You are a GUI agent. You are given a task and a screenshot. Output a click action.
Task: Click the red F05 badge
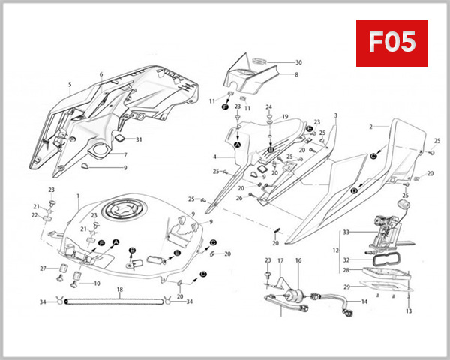click(x=391, y=43)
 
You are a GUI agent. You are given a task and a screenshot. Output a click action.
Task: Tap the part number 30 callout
click(x=298, y=62)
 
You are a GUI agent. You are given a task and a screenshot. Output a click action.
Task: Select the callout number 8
click(x=296, y=75)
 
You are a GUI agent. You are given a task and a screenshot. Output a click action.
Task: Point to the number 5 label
click(x=69, y=85)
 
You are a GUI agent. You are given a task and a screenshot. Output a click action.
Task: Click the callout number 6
click(x=100, y=75)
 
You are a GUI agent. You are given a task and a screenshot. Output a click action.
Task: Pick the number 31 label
click(x=139, y=139)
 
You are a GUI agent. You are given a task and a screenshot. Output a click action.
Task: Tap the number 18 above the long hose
click(x=119, y=289)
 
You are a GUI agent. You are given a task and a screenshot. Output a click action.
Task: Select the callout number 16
click(x=298, y=260)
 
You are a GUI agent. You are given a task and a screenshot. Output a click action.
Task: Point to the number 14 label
click(x=364, y=301)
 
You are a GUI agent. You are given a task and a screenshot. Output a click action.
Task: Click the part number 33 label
click(x=346, y=232)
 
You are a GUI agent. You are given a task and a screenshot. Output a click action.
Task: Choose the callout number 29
click(x=346, y=286)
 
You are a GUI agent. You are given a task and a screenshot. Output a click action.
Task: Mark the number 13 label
click(x=409, y=310)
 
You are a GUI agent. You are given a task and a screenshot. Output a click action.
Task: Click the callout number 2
click(x=370, y=127)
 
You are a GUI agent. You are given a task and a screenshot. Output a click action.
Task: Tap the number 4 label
click(x=214, y=157)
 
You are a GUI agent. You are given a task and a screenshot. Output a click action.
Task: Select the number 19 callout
click(x=285, y=118)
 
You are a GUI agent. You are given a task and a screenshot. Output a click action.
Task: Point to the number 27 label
click(x=43, y=268)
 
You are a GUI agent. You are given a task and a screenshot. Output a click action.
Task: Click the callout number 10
click(x=97, y=283)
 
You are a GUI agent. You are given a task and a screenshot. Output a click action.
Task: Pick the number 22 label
click(x=34, y=215)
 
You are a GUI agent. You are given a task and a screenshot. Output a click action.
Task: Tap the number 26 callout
click(x=238, y=199)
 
